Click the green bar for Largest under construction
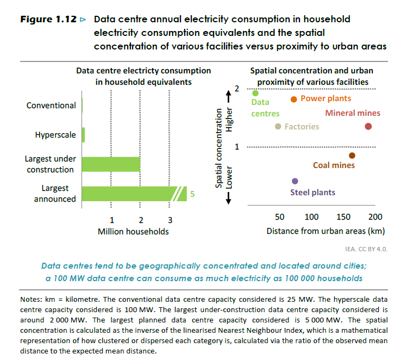click(x=111, y=164)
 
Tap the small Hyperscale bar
click(x=83, y=134)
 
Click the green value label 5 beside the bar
click(x=192, y=194)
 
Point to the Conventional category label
click(x=51, y=105)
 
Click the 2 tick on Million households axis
click(x=141, y=221)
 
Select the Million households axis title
click(x=133, y=232)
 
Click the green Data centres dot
click(x=255, y=94)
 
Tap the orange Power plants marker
click(x=293, y=99)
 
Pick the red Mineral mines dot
click(x=368, y=127)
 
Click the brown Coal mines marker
click(x=352, y=156)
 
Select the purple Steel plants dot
click(x=295, y=181)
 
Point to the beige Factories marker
click(x=278, y=127)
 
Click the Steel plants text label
click(x=312, y=193)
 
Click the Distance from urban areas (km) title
click(x=326, y=231)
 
